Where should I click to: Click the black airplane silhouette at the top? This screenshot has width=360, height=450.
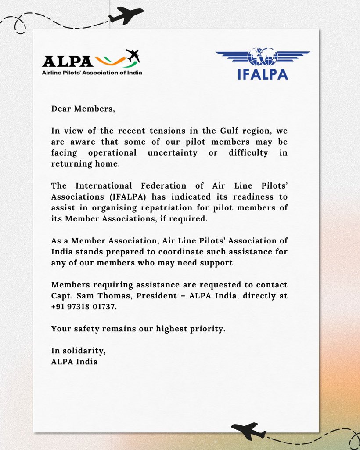126,15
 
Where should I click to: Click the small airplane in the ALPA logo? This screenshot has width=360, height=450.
133,55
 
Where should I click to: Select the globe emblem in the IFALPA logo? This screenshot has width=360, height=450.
263,57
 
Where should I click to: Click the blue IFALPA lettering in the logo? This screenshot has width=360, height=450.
263,73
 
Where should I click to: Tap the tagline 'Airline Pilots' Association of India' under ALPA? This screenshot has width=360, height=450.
92,73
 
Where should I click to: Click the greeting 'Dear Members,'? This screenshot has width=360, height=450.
83,109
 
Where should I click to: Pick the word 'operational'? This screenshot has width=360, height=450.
112,153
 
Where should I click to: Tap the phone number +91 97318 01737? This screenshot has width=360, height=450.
84,306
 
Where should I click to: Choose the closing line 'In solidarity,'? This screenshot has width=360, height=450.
78,351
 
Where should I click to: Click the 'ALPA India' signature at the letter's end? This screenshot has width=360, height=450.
74,362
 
